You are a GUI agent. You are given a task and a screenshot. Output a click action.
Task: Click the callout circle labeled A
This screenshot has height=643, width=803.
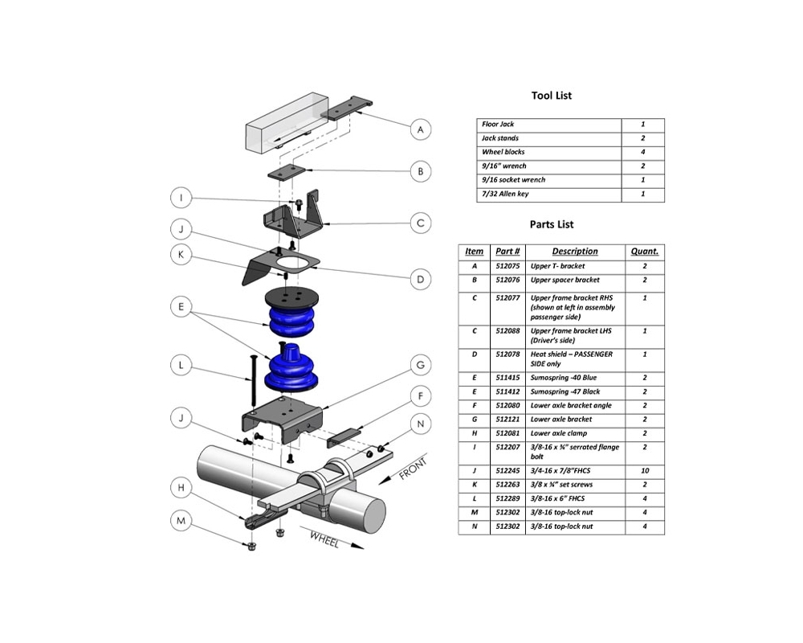click(x=419, y=129)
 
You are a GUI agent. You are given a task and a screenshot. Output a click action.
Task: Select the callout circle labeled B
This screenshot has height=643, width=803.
click(x=419, y=171)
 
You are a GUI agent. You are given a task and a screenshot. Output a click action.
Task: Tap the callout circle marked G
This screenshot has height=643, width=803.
click(x=419, y=366)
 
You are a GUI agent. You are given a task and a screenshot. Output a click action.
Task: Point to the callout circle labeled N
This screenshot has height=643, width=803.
click(x=419, y=424)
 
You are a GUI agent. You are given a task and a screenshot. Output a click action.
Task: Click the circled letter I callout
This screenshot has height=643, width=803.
click(x=183, y=199)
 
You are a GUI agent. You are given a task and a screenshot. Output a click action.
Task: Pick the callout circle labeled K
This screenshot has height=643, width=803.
click(x=183, y=255)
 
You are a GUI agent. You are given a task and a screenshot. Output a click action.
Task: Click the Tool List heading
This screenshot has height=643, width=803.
click(x=552, y=96)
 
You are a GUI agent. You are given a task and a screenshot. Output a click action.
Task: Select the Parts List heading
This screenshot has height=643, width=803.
click(x=552, y=224)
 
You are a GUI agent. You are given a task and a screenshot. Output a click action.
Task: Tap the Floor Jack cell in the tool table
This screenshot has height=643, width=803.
click(x=498, y=125)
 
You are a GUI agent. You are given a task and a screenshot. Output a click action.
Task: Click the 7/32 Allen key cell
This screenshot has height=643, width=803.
click(x=505, y=194)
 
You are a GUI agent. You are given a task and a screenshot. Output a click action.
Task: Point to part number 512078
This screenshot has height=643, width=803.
click(x=507, y=354)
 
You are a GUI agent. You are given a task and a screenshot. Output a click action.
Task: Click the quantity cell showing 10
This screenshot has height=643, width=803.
click(x=644, y=470)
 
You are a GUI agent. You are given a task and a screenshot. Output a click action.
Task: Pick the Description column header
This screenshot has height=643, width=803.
click(x=574, y=252)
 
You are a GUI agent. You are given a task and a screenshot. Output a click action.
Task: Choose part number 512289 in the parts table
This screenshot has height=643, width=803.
click(x=507, y=498)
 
